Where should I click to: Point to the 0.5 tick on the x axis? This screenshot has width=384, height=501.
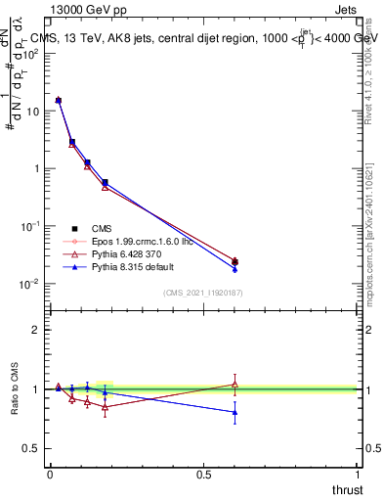pos(203,475)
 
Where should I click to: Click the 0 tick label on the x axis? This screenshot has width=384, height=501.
pos(50,475)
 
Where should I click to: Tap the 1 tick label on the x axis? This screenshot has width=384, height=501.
pos(358,475)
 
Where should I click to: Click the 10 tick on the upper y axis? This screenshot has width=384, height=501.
pos(35,111)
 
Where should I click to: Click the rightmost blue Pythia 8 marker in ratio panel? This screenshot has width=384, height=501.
pos(235,412)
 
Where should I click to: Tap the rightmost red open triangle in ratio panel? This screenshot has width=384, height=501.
pos(235,384)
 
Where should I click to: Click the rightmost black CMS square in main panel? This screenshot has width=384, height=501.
pos(235,261)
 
